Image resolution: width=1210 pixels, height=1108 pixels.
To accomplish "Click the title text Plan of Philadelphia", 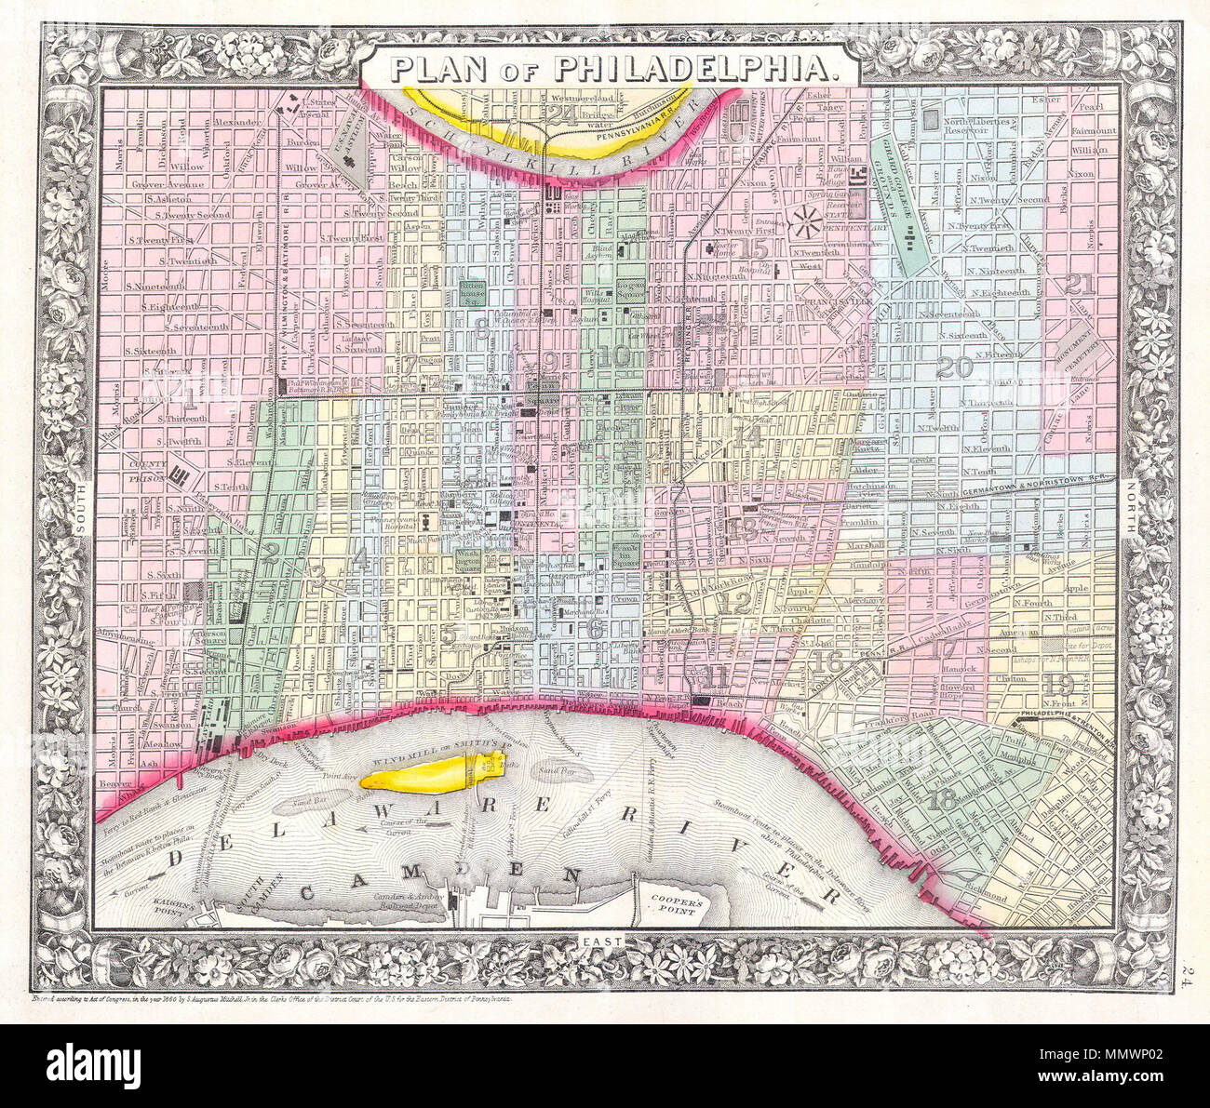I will pyautogui.click(x=611, y=67).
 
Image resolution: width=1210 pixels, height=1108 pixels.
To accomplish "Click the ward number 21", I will pyautogui.click(x=1081, y=285).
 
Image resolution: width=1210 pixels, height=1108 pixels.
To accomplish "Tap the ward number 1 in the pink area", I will pyautogui.click(x=190, y=400).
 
